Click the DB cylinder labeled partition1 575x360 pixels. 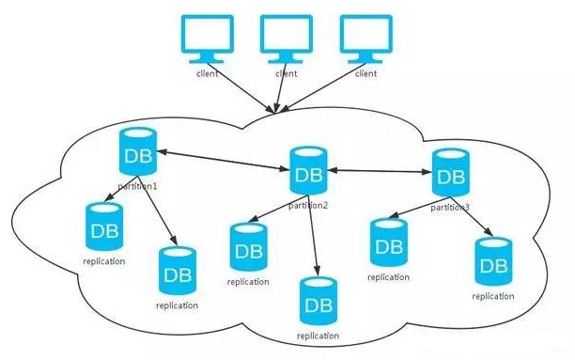[x=138, y=151]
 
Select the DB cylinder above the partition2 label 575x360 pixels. [x=308, y=171]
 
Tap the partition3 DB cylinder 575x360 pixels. [x=451, y=172]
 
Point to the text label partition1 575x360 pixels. [x=137, y=186]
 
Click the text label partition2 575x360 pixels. [x=307, y=205]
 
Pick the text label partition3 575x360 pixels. [x=450, y=208]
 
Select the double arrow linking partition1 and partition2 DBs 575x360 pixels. [x=224, y=161]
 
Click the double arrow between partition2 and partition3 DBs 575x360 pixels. [x=380, y=171]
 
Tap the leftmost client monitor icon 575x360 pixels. [x=208, y=39]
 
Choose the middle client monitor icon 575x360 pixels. [x=287, y=39]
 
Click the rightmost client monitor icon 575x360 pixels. [x=366, y=39]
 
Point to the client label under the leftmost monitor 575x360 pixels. [x=208, y=73]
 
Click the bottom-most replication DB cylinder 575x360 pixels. [x=319, y=301]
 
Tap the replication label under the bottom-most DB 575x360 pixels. [x=318, y=336]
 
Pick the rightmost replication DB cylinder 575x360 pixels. [x=493, y=261]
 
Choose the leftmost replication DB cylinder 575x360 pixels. [x=104, y=227]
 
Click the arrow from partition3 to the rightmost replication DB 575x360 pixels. [x=472, y=216]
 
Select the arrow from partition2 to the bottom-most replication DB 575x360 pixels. [x=313, y=236]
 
